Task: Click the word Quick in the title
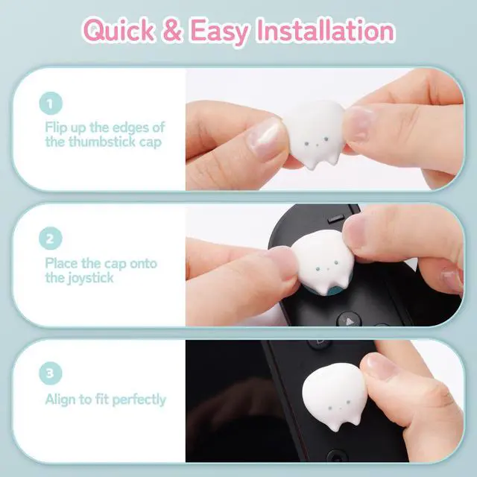coord(119,31)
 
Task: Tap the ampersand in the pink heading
coord(172,31)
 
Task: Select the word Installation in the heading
coord(325,30)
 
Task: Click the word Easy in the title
coord(218,32)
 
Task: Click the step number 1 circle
coord(51,104)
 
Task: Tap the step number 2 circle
coord(51,238)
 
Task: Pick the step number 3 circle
coord(51,373)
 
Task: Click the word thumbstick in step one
coord(102,142)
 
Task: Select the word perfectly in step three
coord(139,399)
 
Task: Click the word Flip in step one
coord(57,127)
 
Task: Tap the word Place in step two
coord(62,263)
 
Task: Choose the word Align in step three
coord(60,399)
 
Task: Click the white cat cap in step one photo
coord(315,134)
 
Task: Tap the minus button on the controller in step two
coord(336,218)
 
